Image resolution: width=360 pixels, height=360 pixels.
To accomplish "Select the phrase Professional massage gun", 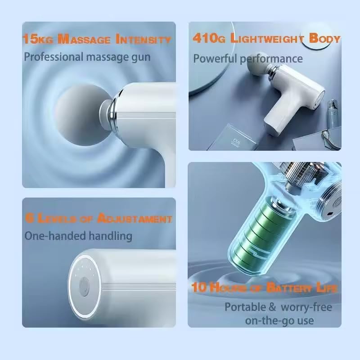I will click(x=87, y=57).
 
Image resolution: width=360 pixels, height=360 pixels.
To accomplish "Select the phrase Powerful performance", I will click(x=248, y=58).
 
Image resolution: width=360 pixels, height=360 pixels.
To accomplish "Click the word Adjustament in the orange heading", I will click(x=135, y=219).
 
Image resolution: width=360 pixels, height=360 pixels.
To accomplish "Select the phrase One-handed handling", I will click(x=78, y=236).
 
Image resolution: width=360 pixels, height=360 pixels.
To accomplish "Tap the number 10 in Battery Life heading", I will click(x=199, y=287).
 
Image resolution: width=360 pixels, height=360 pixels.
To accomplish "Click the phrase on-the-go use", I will click(x=279, y=321).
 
